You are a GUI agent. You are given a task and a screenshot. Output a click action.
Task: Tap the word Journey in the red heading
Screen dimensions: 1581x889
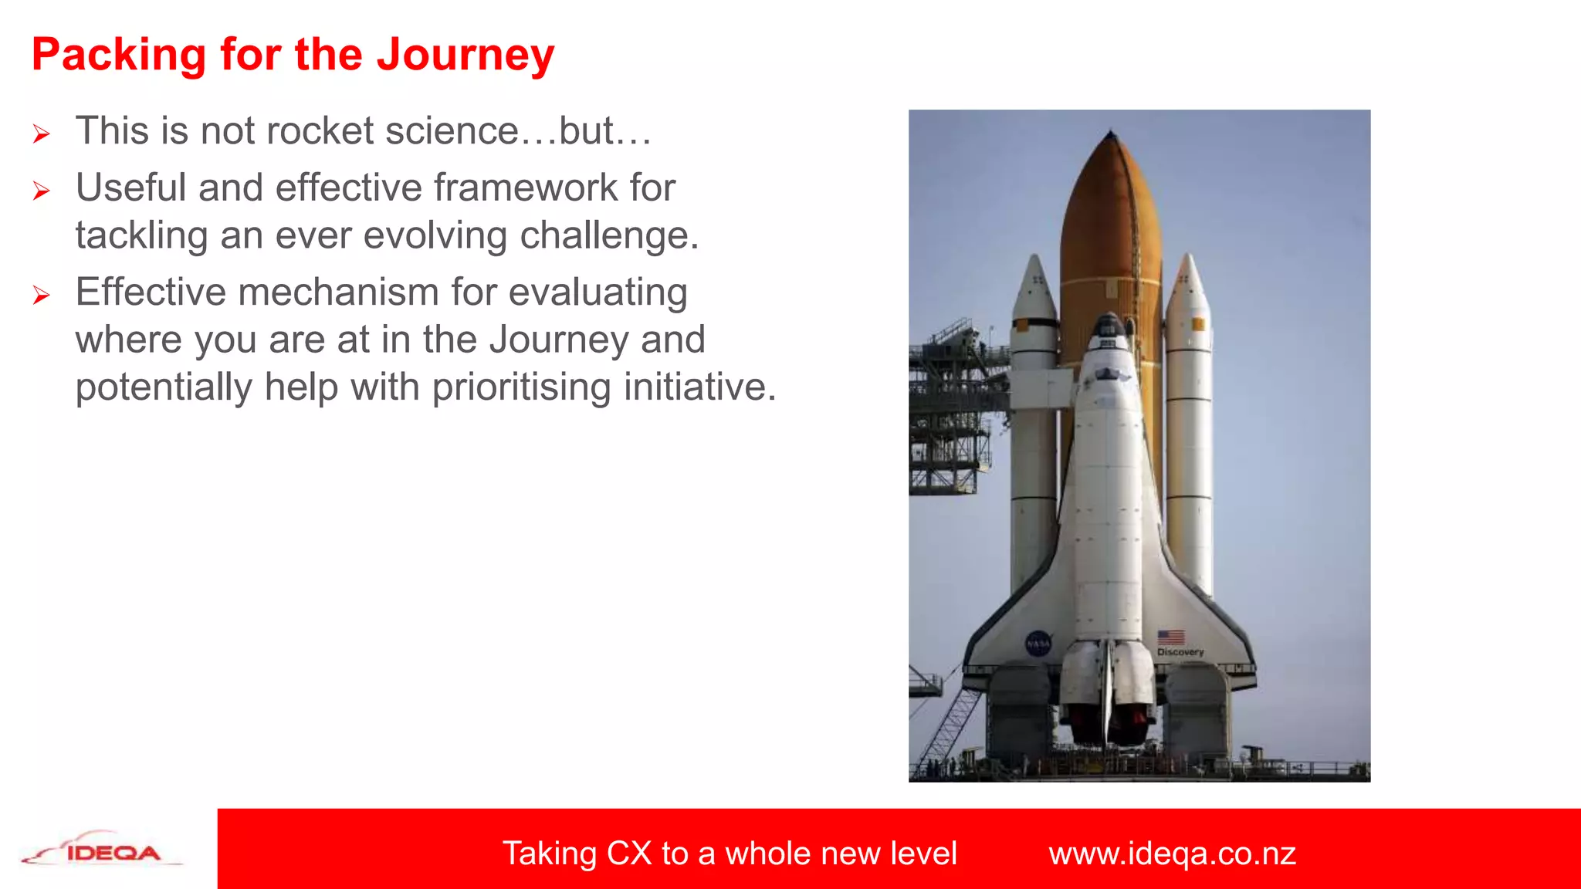[x=465, y=56]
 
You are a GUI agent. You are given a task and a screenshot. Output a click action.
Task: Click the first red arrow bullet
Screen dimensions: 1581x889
[x=42, y=134]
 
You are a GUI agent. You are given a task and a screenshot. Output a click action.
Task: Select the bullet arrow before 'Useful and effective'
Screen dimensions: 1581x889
[x=42, y=191]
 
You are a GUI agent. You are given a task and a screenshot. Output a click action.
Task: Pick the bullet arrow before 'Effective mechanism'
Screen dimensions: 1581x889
[x=42, y=295]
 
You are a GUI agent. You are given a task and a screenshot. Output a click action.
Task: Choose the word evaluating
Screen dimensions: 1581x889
[x=598, y=293]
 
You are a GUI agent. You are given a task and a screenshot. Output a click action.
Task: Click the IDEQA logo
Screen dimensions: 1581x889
[x=102, y=849]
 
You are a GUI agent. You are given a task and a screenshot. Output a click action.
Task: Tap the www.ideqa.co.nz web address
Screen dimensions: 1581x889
[x=1172, y=854]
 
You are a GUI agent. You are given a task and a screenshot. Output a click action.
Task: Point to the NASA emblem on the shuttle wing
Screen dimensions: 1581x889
[x=1038, y=643]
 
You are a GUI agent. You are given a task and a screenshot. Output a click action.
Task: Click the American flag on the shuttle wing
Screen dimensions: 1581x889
[x=1171, y=637]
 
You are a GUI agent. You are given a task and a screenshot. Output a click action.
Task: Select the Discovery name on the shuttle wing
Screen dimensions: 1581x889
[x=1180, y=652]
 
